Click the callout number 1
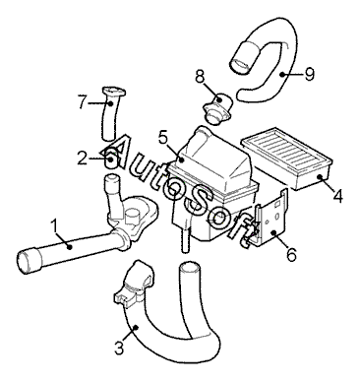click(x=55, y=226)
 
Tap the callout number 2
click(x=83, y=158)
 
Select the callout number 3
click(x=119, y=348)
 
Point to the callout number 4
click(x=337, y=196)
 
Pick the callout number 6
click(x=291, y=254)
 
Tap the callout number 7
click(x=83, y=101)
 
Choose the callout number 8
click(x=200, y=77)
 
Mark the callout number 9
click(x=309, y=74)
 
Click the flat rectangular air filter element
click(x=287, y=158)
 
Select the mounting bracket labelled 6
click(x=271, y=220)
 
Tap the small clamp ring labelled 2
click(x=110, y=159)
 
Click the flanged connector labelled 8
click(x=217, y=108)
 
